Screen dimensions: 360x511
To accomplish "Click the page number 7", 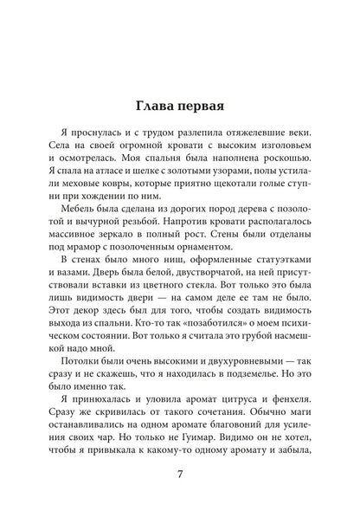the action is click(x=179, y=474).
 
